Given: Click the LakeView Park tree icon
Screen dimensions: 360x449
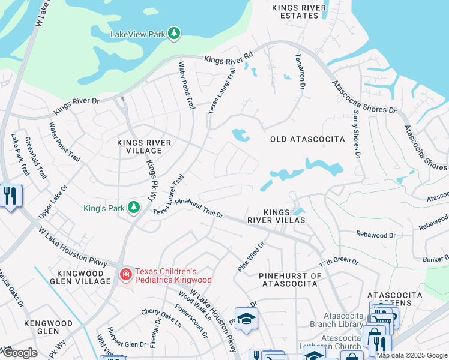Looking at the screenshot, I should click(174, 34).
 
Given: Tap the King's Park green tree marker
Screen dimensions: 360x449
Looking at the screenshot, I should click(134, 208).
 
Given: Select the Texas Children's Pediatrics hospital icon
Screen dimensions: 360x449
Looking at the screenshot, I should click(125, 275).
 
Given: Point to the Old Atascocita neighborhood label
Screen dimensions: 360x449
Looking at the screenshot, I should click(307, 139).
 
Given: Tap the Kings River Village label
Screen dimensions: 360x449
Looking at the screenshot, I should click(144, 147).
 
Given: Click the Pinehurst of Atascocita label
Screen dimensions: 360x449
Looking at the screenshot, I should click(290, 280).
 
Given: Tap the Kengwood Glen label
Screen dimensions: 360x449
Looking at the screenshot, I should click(50, 327).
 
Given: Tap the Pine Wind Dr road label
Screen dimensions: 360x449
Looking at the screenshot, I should click(251, 257).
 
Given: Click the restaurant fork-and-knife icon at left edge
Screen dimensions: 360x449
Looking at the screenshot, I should click(11, 196).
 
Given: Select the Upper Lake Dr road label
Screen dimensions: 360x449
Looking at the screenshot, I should click(55, 197).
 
